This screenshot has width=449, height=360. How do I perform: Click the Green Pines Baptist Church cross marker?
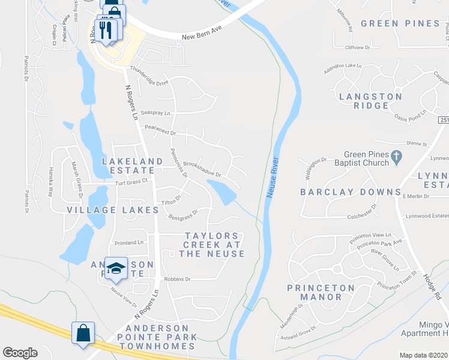396,158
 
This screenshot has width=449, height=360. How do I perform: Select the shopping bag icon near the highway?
83,333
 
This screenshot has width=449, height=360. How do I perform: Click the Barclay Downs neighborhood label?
351,192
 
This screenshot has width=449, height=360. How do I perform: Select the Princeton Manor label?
321,292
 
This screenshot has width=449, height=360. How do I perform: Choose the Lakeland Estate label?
132,166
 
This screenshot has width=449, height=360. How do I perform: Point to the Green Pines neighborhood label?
400,23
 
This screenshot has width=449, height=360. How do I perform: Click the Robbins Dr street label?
178,279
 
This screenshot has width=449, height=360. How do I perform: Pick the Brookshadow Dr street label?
202,167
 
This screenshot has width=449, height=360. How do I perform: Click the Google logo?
20,353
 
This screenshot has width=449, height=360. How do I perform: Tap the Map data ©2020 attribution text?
424,355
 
